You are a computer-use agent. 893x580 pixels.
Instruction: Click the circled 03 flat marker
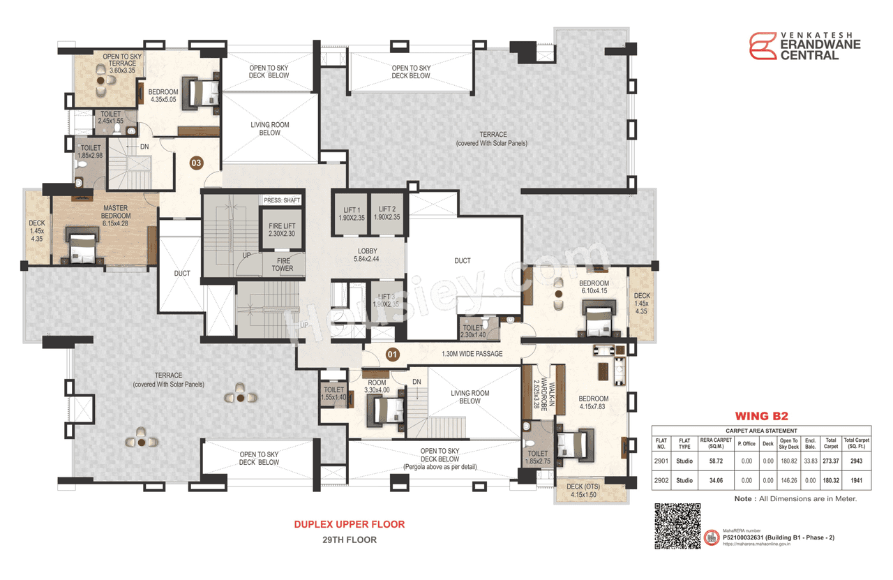tap(197, 163)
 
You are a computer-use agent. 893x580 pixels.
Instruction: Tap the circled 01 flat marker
tap(392, 354)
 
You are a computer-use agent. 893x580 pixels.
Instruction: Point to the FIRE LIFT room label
tap(282, 230)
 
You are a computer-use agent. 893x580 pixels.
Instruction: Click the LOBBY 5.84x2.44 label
tap(367, 255)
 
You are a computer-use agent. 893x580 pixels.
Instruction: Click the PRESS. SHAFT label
tap(282, 200)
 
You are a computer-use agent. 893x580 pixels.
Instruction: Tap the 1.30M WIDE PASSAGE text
tap(472, 354)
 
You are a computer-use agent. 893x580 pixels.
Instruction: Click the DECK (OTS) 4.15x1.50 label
tap(584, 491)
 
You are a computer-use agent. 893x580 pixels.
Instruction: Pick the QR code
tap(676, 527)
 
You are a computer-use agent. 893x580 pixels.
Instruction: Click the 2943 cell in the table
tap(857, 461)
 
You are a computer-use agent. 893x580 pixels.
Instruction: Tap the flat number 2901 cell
tap(661, 461)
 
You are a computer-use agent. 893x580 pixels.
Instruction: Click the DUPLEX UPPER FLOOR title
tap(349, 524)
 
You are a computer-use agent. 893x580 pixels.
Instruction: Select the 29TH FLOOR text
tap(349, 540)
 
